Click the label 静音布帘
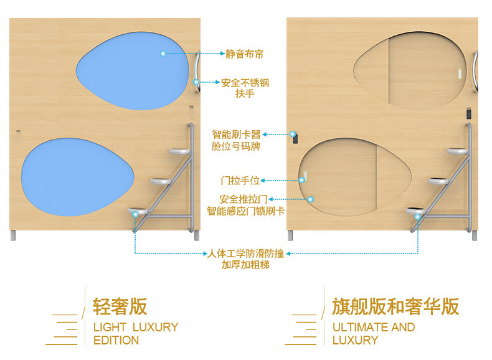point(245,54)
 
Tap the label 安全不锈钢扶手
point(245,88)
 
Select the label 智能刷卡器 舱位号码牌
point(236,140)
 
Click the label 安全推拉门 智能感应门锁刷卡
point(245,205)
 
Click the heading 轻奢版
point(120,306)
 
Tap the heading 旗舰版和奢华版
point(395,306)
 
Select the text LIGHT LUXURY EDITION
point(135,333)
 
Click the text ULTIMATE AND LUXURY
point(373,333)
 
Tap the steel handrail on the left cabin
point(197,73)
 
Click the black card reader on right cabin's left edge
point(295,137)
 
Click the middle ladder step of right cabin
point(438,181)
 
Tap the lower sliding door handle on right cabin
point(305,176)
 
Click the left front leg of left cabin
point(12,235)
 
